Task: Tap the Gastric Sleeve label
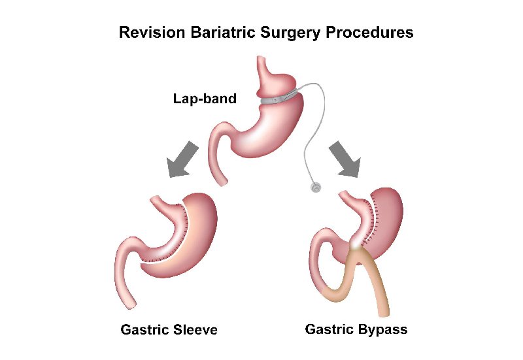(169, 330)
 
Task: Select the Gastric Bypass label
(356, 329)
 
